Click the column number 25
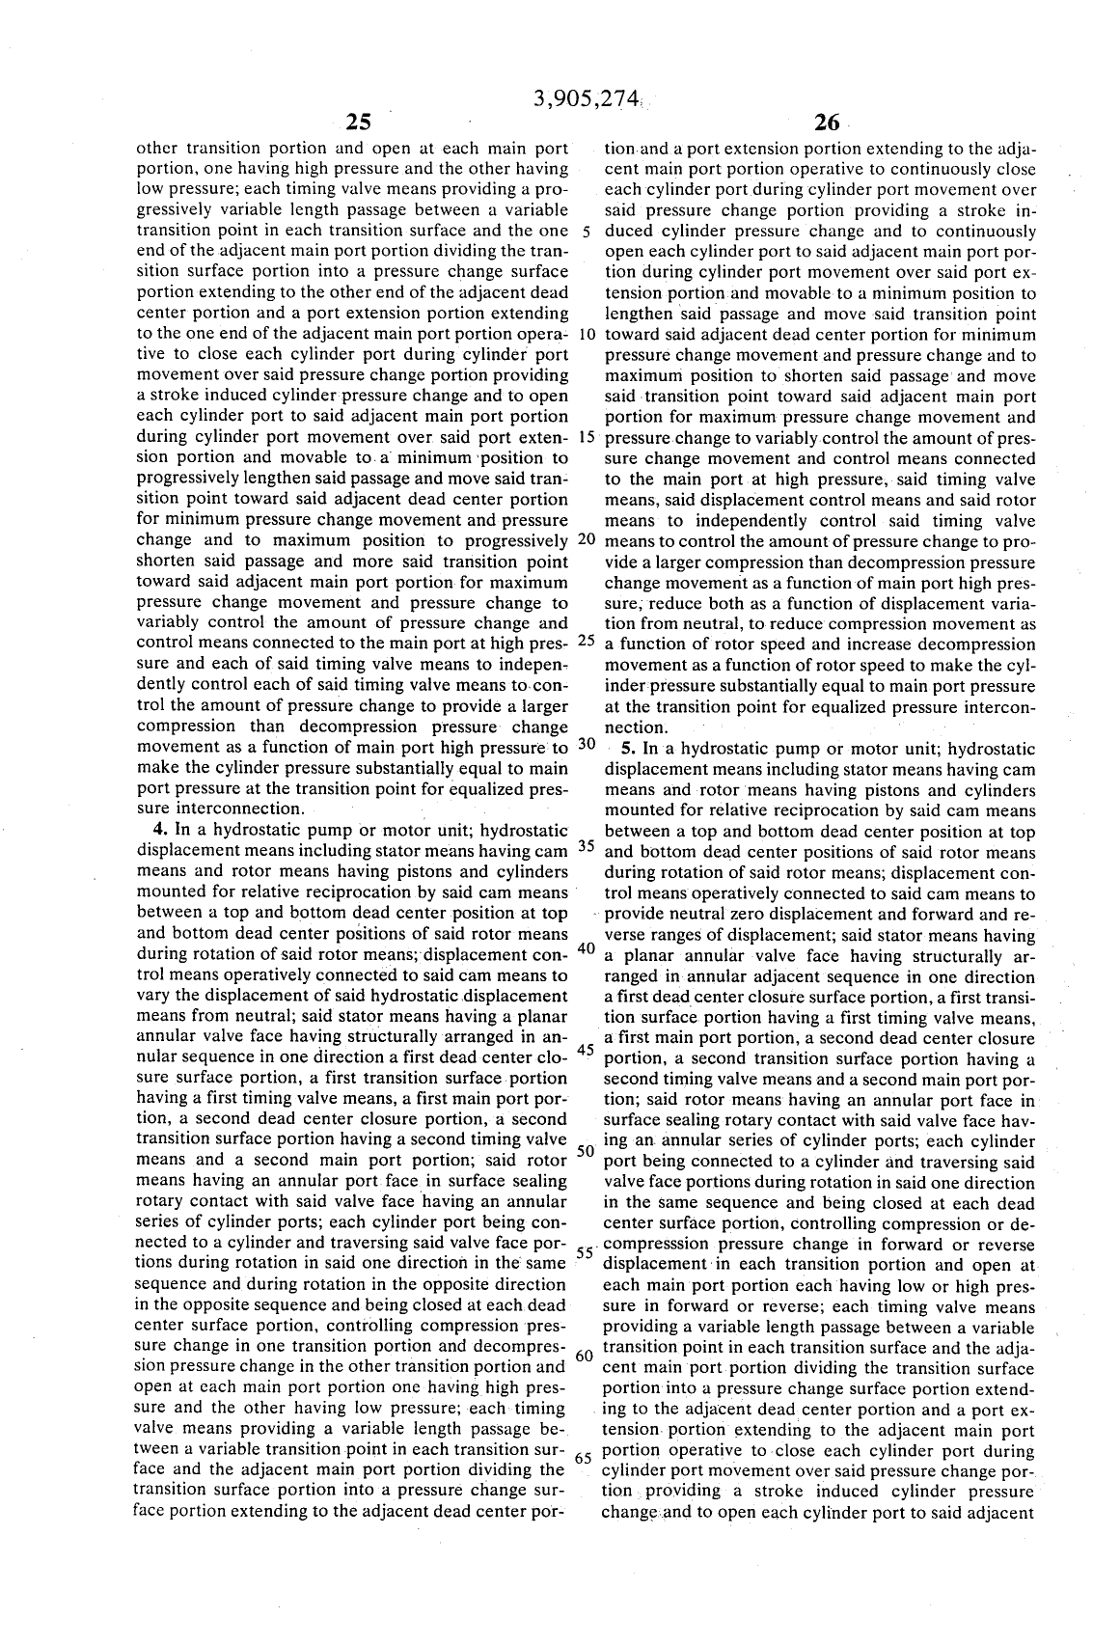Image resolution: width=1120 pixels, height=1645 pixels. click(358, 123)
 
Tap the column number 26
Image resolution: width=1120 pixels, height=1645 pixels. click(827, 123)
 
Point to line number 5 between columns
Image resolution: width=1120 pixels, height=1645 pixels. click(586, 232)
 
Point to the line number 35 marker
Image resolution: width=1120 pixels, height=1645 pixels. click(586, 846)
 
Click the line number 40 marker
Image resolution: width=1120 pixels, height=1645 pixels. click(586, 948)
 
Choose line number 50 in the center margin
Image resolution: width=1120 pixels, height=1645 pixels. click(586, 1152)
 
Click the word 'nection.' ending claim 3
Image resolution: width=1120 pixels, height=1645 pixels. click(636, 727)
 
